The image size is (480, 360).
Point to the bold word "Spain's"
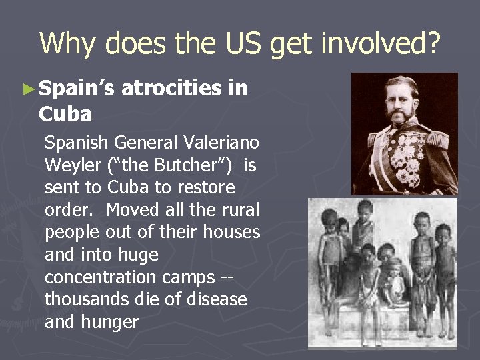coord(77,87)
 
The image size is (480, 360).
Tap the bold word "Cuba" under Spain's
coord(65,115)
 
